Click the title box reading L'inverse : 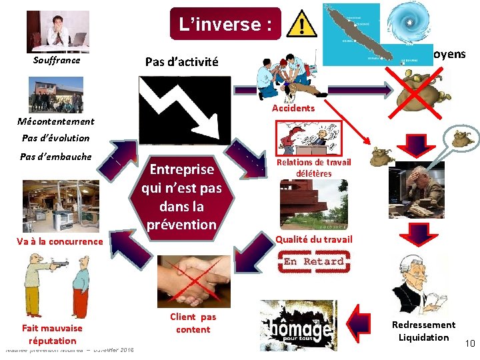pos(225,25)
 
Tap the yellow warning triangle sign pos(303,25)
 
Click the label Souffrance pos(57,61)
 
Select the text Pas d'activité pos(181,62)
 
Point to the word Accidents pos(293,108)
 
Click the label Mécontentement pos(56,121)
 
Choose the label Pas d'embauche pos(56,157)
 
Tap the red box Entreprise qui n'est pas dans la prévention pos(182,197)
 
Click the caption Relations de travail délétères pos(313,168)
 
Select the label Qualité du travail pos(314,239)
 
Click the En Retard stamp pos(314,261)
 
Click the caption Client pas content pos(193,323)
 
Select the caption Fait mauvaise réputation pos(52,334)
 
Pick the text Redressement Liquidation pos(423,331)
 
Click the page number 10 pos(469,343)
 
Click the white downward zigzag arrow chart pos(184,109)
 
